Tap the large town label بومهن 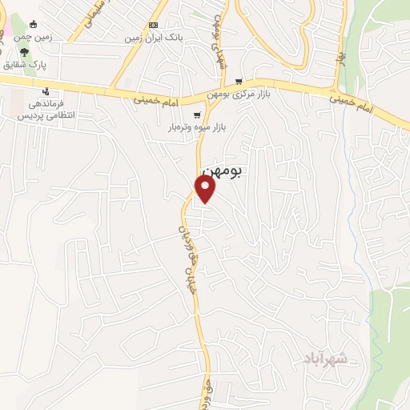point(222,171)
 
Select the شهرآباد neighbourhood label point(328,357)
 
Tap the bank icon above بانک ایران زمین point(153,25)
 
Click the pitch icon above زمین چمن point(34,24)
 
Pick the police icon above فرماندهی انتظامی point(46,91)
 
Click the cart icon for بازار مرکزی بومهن point(239,82)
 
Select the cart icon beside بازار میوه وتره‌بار point(197,115)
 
